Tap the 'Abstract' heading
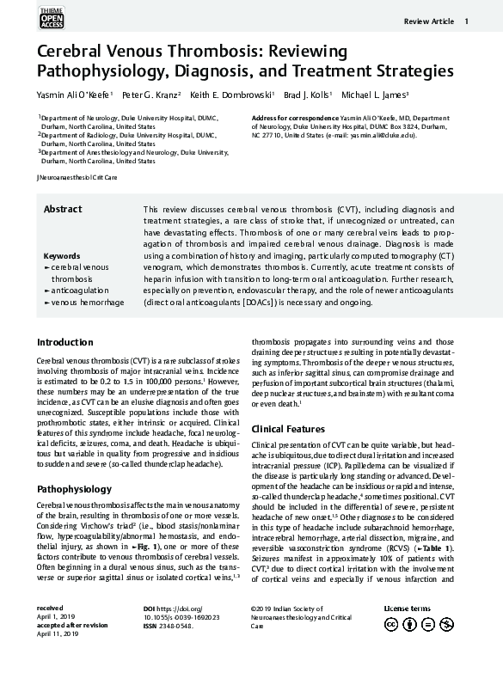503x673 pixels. [x=63, y=209]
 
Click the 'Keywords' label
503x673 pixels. [x=62, y=256]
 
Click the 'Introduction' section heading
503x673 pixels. [x=65, y=341]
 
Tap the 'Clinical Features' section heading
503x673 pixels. [x=287, y=428]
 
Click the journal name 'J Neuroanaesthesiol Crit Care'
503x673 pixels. [x=77, y=177]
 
